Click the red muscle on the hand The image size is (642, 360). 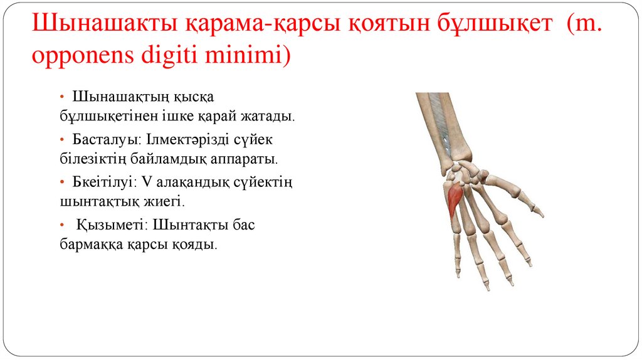click(455, 199)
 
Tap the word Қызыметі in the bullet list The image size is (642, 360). click(111, 224)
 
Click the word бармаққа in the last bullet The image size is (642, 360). click(92, 245)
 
